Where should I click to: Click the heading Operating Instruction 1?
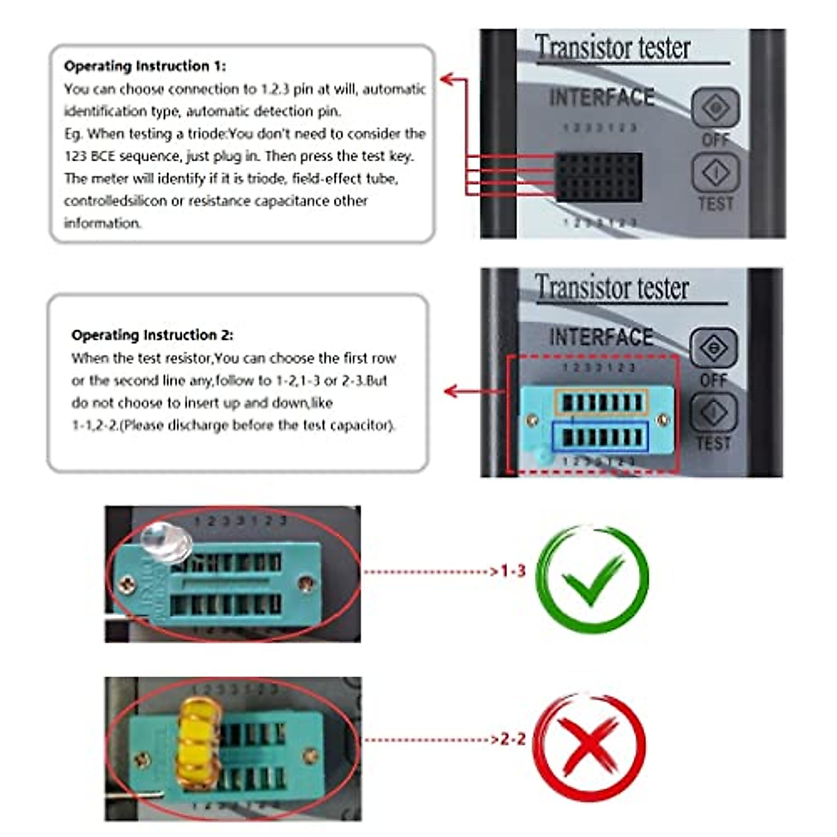pos(144,66)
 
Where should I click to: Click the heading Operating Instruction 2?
pos(152,335)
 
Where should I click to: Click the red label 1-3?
pos(513,571)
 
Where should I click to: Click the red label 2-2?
pos(513,739)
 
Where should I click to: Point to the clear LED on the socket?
pos(166,541)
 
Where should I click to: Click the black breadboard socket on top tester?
pos(598,176)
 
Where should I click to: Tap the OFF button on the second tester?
pos(713,347)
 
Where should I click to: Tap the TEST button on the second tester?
pos(713,412)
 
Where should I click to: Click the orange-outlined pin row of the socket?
pos(601,402)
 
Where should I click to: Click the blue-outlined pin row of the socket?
pos(601,437)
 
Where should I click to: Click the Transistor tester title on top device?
pos(612,47)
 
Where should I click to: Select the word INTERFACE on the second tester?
pos(601,338)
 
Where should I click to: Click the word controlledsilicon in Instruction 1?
pos(115,201)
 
